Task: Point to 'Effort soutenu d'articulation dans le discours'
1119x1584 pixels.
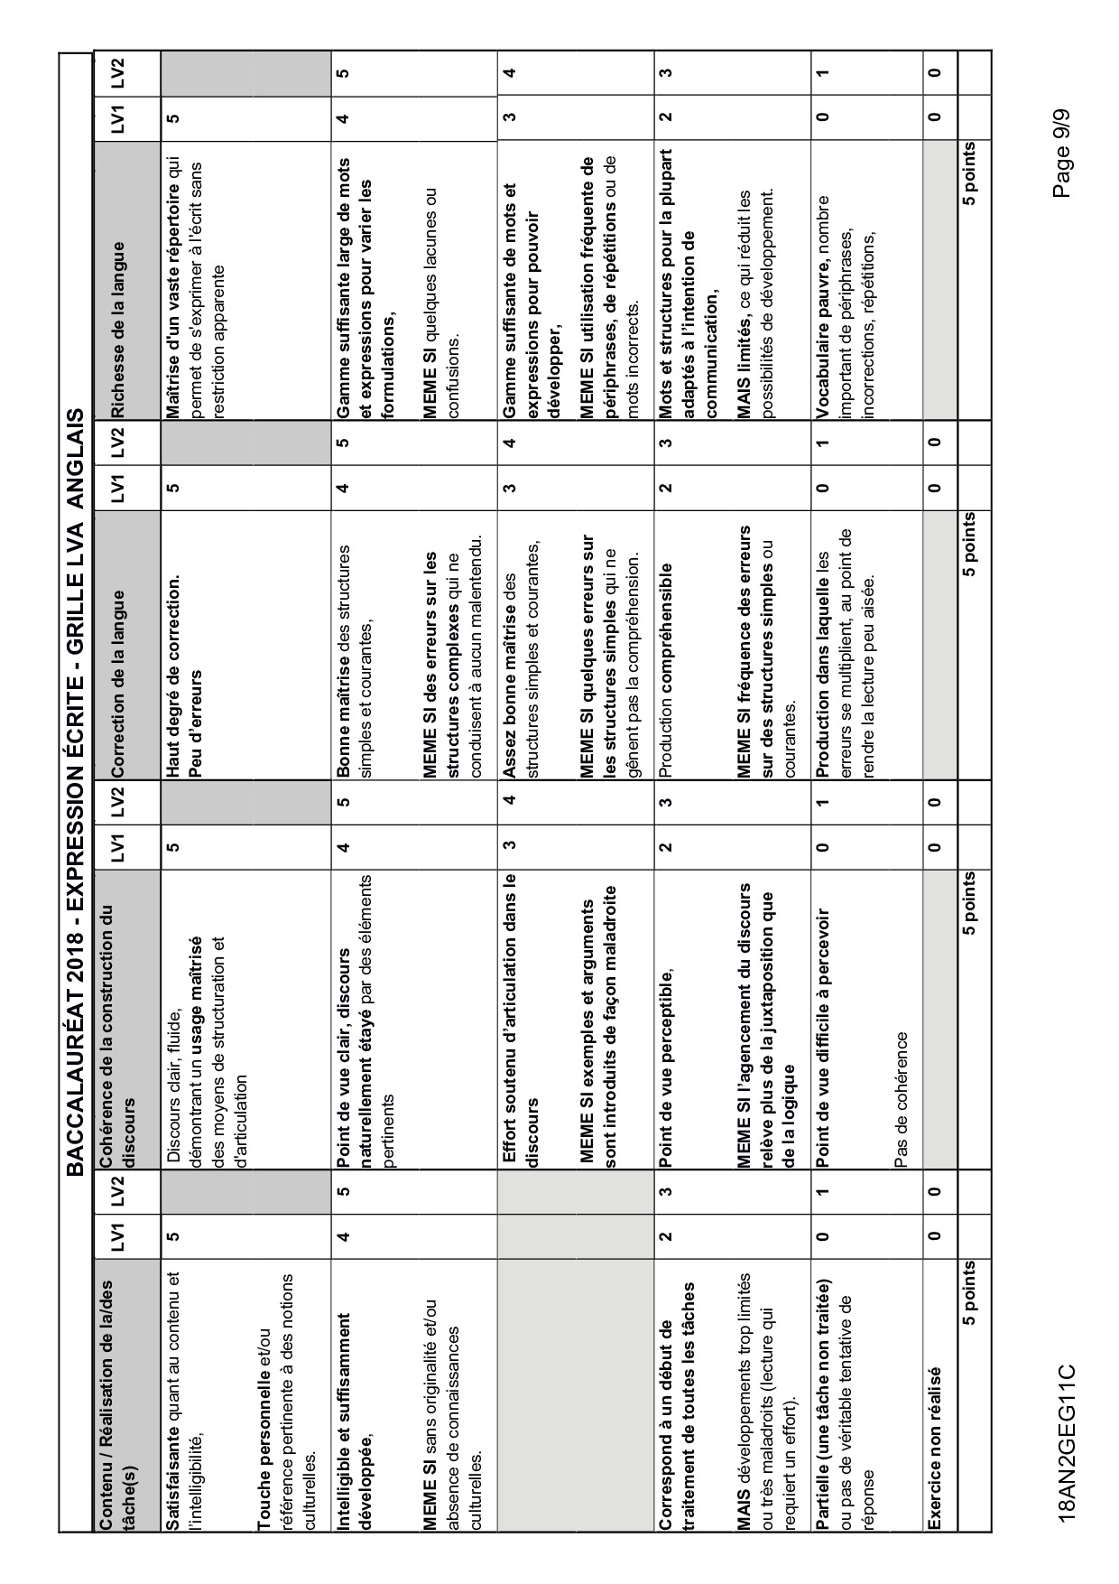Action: tap(519, 1020)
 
